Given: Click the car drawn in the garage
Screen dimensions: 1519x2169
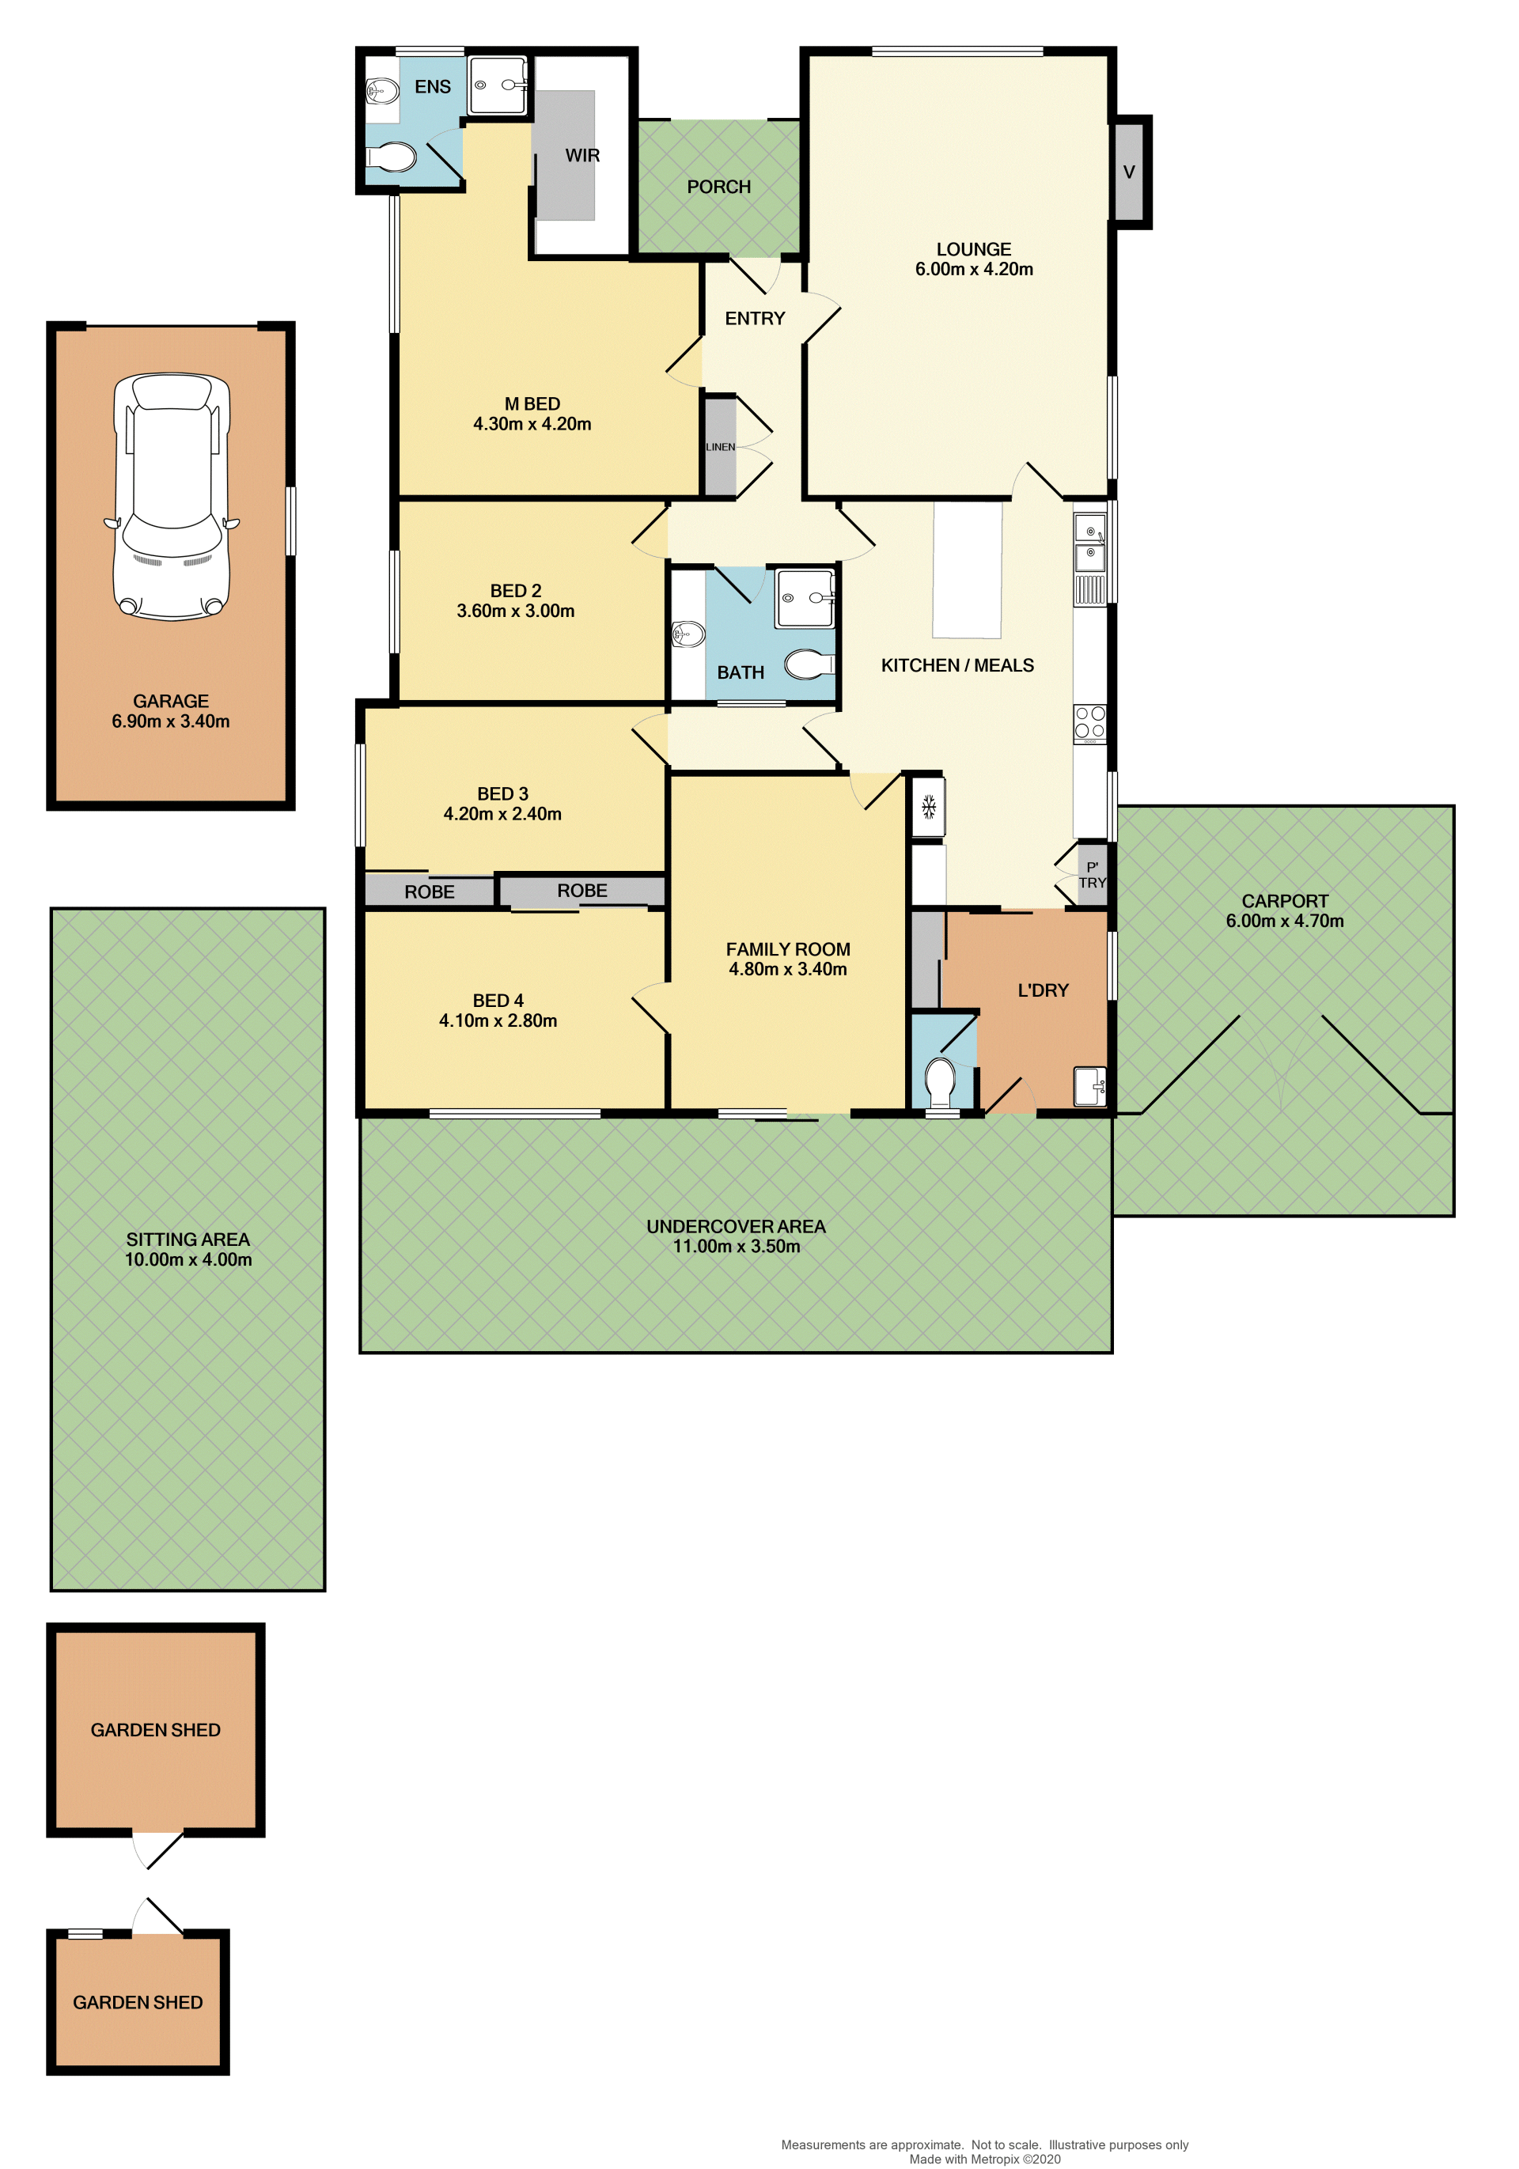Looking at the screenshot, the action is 172,497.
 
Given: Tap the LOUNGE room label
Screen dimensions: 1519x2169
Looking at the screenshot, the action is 973,249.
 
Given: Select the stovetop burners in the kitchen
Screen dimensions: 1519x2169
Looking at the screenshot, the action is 1089,723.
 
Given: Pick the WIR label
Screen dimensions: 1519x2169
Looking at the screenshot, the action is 582,156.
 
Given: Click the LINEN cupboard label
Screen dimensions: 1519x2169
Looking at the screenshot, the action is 720,447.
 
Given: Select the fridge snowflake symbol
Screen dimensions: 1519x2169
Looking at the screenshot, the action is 929,807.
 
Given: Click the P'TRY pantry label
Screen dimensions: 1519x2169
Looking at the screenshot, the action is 1092,875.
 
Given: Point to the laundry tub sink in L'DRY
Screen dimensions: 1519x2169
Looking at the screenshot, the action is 1090,1085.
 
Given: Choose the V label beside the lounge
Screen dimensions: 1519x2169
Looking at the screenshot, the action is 1129,172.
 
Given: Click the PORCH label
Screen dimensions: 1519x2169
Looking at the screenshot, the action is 719,187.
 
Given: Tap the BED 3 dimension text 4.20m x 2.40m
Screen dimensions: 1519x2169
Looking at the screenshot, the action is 502,814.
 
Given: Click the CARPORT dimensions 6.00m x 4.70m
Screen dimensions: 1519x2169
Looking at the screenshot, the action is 1285,921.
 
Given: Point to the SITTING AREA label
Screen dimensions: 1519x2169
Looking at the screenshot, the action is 188,1240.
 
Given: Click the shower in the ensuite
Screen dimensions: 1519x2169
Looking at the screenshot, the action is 498,85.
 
